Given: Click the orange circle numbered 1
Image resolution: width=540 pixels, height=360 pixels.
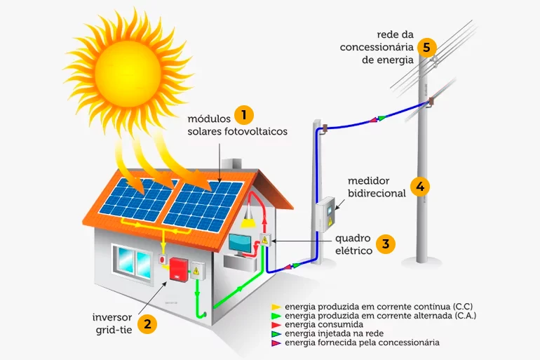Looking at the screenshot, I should pyautogui.click(x=243, y=114).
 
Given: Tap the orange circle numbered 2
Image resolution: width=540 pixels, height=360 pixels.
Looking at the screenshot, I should pyautogui.click(x=147, y=324).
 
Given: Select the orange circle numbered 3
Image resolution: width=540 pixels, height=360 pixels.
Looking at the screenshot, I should pyautogui.click(x=385, y=244).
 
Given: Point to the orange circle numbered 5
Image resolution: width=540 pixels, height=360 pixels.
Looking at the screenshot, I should pyautogui.click(x=426, y=48).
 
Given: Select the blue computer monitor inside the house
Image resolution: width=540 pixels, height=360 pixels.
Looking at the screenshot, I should pyautogui.click(x=240, y=244).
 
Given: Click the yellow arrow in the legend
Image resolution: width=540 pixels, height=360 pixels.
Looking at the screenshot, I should pyautogui.click(x=276, y=307).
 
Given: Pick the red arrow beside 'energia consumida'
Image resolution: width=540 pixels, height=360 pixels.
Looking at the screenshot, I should pyautogui.click(x=276, y=325).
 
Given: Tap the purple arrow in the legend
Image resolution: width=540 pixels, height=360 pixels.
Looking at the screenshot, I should pyautogui.click(x=276, y=343).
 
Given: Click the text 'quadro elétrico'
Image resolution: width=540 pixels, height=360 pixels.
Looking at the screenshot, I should pyautogui.click(x=349, y=244).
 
